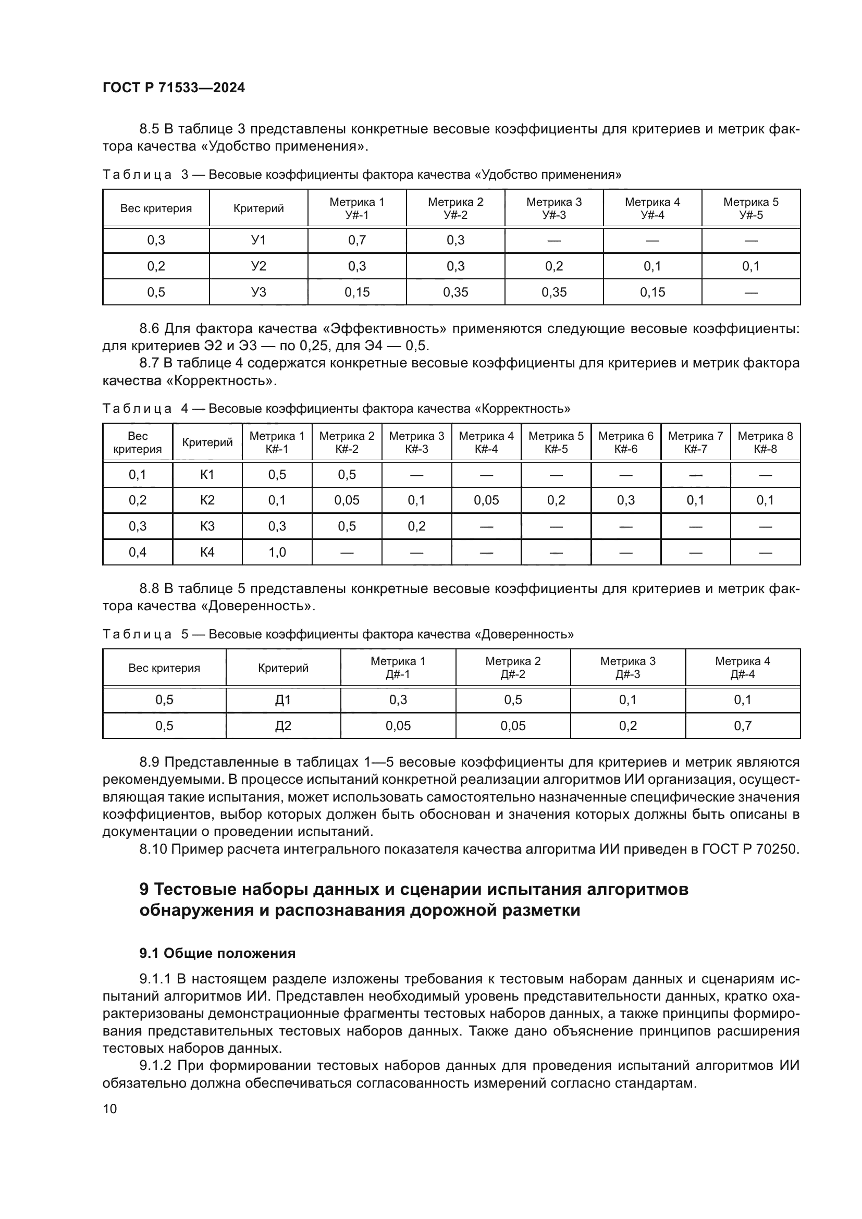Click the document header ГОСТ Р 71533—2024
pos(174,88)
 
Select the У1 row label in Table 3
pos(258,240)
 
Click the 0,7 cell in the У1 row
pos(356,240)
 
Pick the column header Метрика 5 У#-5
pos(750,208)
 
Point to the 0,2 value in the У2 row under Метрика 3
pos(553,266)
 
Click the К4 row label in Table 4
pos(207,552)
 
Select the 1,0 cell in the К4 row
pos(277,552)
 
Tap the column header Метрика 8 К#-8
pos(765,442)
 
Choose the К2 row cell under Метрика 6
pos(626,500)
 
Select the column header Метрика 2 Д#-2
pos(513,668)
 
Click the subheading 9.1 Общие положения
pos(217,954)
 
